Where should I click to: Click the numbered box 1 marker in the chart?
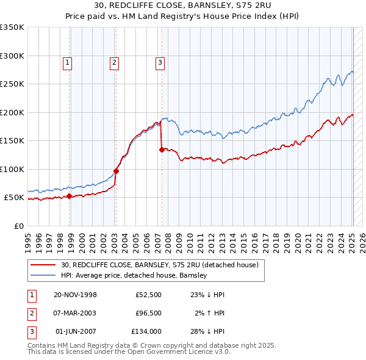coord(66,62)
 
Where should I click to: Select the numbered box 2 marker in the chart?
coord(114,62)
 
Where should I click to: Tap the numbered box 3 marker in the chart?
coord(159,62)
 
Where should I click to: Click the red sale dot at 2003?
coord(116,171)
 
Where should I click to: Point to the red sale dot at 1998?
coord(69,196)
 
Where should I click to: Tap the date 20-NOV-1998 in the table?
coord(75,295)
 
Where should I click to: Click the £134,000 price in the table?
coord(146,331)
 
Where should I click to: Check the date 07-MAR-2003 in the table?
coord(75,313)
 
